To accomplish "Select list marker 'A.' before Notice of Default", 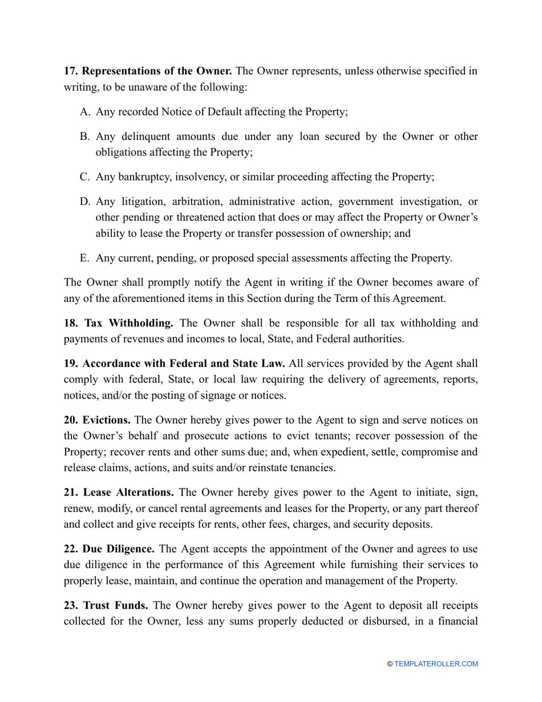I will click(85, 112).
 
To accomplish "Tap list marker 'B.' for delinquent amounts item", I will click(85, 136).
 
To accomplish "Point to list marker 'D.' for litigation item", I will click(85, 201).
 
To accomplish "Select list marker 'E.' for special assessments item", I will click(84, 258).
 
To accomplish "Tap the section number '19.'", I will click(71, 364).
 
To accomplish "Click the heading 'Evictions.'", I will click(106, 420).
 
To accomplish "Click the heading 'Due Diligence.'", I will click(118, 549).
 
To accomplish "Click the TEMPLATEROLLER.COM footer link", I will click(436, 664).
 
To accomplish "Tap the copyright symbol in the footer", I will click(390, 664).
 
